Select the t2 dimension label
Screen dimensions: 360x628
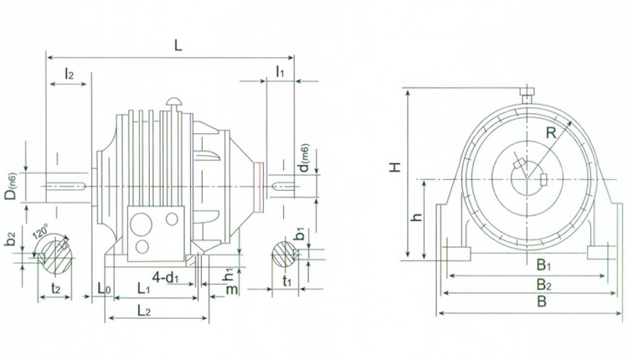(55, 286)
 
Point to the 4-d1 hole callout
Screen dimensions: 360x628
(169, 276)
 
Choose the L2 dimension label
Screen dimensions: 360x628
(143, 311)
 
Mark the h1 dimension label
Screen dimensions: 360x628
(229, 273)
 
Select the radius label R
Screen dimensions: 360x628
(550, 132)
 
